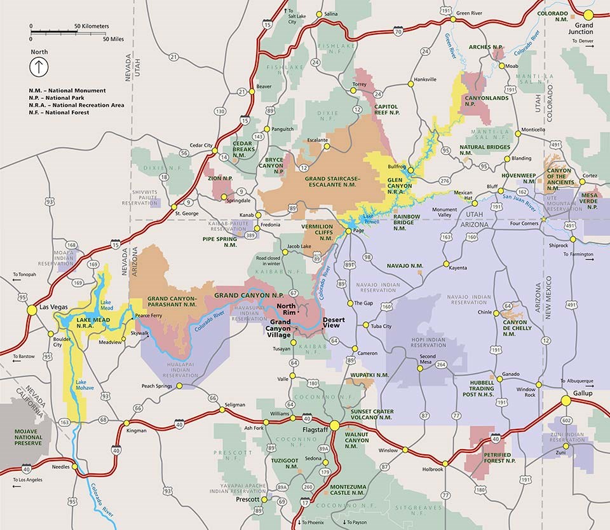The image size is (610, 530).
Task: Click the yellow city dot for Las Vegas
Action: click(x=31, y=309)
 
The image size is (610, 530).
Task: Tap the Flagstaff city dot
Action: click(x=334, y=425)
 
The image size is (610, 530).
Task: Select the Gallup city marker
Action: click(x=566, y=401)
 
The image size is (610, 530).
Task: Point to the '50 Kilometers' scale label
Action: click(x=91, y=26)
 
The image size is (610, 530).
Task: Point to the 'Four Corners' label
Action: click(x=523, y=223)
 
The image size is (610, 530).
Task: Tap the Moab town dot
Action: click(x=501, y=66)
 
